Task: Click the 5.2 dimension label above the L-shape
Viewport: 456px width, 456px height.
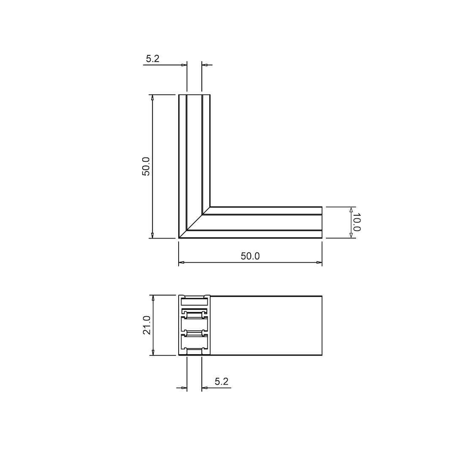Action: click(152, 59)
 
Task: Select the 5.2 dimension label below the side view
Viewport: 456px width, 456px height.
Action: click(221, 382)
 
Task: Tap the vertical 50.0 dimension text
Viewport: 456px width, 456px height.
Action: click(146, 166)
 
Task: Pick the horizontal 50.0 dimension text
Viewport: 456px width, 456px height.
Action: click(250, 256)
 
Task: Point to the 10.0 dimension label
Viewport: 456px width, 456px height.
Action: click(356, 222)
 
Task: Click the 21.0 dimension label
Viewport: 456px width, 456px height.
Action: click(147, 325)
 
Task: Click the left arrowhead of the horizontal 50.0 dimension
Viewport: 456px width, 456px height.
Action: click(182, 263)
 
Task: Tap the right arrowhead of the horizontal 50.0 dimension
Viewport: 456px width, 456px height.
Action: click(319, 263)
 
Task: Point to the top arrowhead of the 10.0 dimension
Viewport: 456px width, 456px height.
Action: click(351, 209)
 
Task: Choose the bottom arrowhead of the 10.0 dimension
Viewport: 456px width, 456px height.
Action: click(351, 235)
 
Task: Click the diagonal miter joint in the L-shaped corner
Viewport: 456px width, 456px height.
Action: click(195, 223)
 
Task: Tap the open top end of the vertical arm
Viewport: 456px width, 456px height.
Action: click(194, 95)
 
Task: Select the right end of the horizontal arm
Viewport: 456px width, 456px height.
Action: click(322, 223)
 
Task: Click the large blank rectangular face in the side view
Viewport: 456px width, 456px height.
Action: click(266, 326)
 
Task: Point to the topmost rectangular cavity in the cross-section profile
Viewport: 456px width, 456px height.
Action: click(195, 301)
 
